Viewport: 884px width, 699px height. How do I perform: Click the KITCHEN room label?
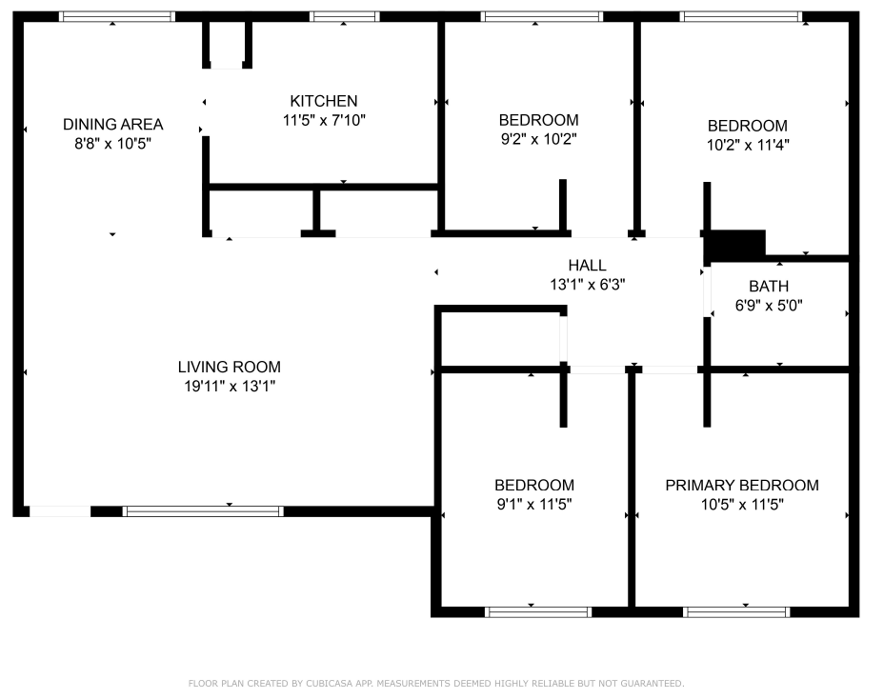coord(324,101)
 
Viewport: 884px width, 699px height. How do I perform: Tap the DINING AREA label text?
coord(112,124)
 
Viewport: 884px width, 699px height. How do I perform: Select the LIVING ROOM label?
coord(230,367)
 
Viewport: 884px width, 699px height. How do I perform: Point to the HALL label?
coord(588,265)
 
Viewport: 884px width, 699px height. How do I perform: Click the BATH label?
coord(769,287)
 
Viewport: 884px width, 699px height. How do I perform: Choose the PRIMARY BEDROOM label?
coord(742,486)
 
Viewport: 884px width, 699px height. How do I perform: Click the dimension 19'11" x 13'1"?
coord(230,386)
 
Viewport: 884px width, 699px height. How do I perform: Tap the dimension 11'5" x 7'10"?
coord(324,120)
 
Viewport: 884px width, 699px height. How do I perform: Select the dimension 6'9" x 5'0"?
coord(769,306)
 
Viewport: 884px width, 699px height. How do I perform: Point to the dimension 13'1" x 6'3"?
coord(588,285)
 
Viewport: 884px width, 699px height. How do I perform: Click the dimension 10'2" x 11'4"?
coord(748,145)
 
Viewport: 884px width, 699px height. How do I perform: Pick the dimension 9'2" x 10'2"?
coord(539,139)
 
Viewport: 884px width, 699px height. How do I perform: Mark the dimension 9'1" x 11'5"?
coord(534,504)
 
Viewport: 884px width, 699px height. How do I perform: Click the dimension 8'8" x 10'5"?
coord(112,143)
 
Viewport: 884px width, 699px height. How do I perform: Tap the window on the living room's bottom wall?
coord(203,511)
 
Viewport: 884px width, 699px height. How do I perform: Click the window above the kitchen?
coord(345,17)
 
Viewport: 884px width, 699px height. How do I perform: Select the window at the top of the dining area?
coord(117,17)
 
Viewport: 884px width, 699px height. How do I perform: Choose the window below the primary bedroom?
coord(736,612)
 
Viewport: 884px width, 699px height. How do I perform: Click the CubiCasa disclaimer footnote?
coord(436,683)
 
